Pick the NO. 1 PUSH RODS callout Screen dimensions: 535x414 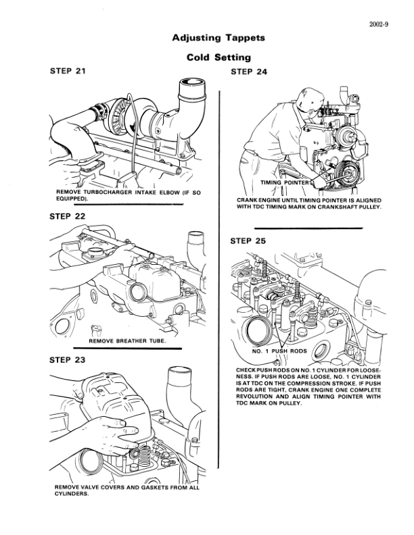[x=280, y=351]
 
